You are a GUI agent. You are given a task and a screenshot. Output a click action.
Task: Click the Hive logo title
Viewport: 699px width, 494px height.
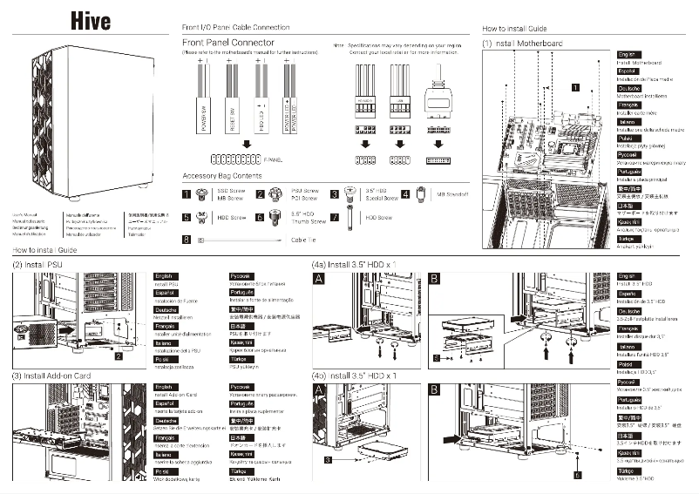pos(91,20)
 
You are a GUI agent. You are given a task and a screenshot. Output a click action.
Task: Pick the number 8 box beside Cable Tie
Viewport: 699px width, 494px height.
pos(186,239)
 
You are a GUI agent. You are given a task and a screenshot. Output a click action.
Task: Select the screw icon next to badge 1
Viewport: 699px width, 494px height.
pos(205,194)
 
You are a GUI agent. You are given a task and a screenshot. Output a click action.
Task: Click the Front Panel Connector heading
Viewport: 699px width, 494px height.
pos(227,42)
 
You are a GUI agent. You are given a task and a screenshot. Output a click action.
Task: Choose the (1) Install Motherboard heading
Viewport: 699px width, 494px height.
pos(523,43)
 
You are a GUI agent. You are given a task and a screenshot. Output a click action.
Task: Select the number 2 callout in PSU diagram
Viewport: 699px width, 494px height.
pos(118,355)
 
